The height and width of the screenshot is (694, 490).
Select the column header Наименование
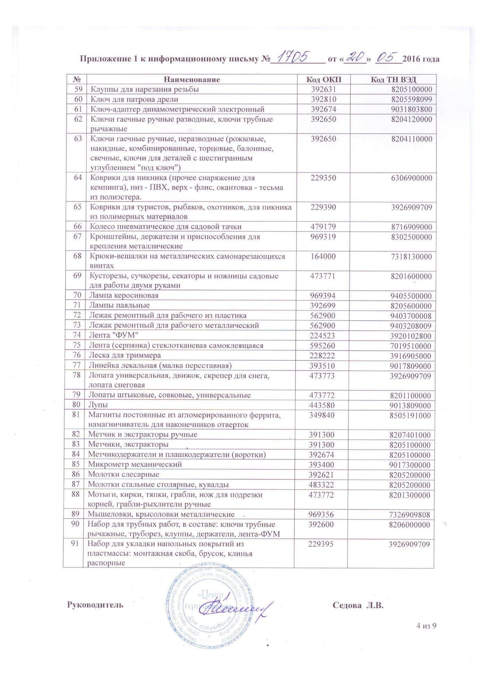tap(191, 79)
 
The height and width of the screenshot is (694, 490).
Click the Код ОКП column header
tap(324, 79)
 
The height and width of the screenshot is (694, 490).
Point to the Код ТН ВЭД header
tap(393, 79)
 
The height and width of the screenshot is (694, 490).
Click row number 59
tap(78, 89)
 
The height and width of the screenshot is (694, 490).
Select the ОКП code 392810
tap(324, 99)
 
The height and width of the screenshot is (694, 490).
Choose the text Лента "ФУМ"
tap(114, 335)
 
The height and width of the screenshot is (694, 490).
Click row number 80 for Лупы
tap(76, 405)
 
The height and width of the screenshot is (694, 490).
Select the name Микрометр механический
tap(135, 464)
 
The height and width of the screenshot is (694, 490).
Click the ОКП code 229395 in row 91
tap(321, 544)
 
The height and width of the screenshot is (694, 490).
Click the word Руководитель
tap(95, 605)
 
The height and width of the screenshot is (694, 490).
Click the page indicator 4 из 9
tap(426, 626)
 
